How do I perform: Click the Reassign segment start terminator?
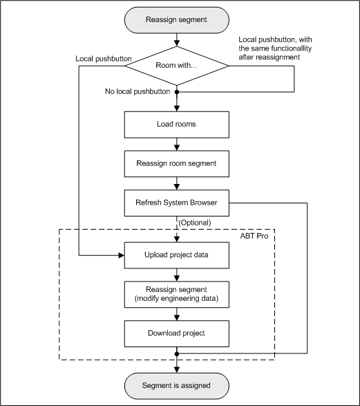[178, 19]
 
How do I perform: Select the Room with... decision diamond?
[178, 66]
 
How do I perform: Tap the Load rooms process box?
[178, 125]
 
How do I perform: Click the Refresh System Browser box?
[178, 204]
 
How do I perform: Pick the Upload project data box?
[178, 255]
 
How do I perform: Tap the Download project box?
[178, 333]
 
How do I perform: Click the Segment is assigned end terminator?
[178, 385]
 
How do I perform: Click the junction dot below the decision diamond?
[178, 91]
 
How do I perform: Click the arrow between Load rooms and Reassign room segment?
[178, 145]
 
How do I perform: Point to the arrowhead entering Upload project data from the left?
[120, 255]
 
